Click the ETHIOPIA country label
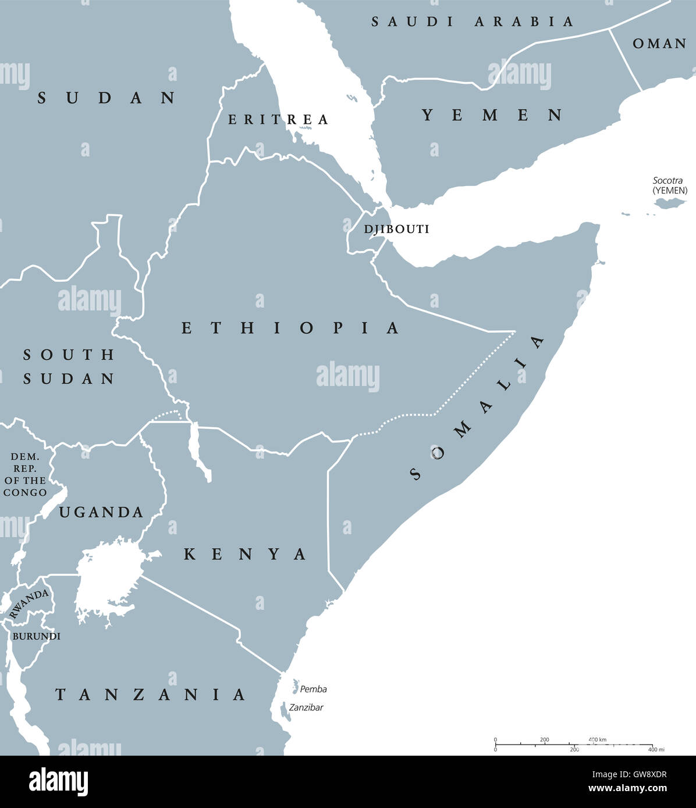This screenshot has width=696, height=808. click(x=290, y=328)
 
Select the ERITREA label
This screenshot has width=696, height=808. click(x=278, y=120)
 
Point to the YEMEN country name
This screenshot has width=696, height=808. click(x=492, y=115)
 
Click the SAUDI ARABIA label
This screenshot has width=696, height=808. click(x=473, y=22)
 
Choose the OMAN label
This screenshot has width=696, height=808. click(x=659, y=44)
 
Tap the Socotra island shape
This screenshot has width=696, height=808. click(x=670, y=203)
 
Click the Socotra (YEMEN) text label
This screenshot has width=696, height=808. click(x=669, y=185)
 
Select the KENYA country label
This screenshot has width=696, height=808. click(x=245, y=555)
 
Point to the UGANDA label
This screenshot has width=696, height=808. click(x=101, y=512)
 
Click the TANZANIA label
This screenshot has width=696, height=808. click(x=150, y=694)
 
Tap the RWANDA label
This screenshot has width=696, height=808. click(x=29, y=603)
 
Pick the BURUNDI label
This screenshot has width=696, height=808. click(x=36, y=637)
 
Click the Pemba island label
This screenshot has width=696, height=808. click(x=313, y=689)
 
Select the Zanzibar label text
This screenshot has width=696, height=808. click(x=306, y=707)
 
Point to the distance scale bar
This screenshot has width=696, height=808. click(x=573, y=744)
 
